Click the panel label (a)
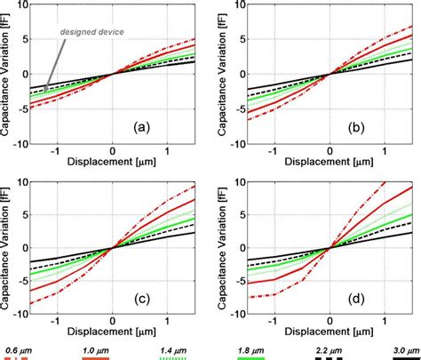[141, 126]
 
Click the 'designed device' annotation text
[91, 33]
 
